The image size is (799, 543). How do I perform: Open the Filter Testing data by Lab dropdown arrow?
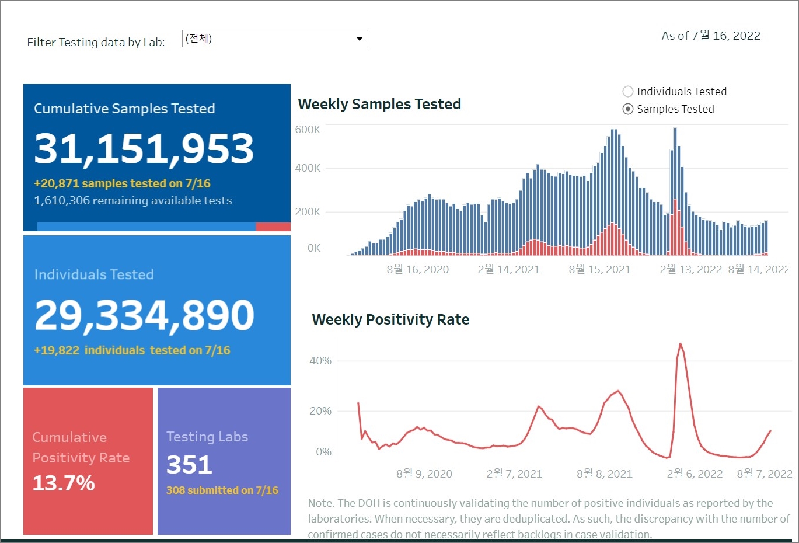(x=360, y=39)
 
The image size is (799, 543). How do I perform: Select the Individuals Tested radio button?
(x=628, y=91)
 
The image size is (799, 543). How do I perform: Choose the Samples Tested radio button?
(x=628, y=109)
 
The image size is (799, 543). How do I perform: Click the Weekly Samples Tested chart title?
(x=379, y=104)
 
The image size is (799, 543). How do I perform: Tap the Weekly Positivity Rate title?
(x=390, y=319)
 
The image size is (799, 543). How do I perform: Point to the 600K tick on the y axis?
(x=308, y=130)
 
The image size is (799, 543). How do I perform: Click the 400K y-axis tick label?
(x=308, y=168)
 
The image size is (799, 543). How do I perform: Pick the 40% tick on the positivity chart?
(x=320, y=361)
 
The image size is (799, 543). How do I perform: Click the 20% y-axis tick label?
(x=320, y=411)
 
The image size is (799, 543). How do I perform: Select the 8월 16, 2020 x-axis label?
(x=417, y=269)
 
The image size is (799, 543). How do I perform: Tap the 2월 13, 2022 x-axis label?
(x=690, y=269)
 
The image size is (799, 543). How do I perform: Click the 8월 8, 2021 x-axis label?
(x=604, y=474)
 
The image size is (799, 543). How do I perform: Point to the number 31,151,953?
(x=144, y=148)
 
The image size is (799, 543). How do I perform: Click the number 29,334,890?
(x=144, y=315)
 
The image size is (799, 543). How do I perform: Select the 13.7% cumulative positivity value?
(x=64, y=483)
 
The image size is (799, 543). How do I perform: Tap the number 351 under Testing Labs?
(x=189, y=465)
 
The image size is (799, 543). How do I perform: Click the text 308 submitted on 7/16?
(x=222, y=490)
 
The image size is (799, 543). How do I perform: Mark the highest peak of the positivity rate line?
(x=681, y=344)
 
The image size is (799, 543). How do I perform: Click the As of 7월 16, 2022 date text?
(x=711, y=36)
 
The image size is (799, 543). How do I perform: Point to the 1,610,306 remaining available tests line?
(x=133, y=200)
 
